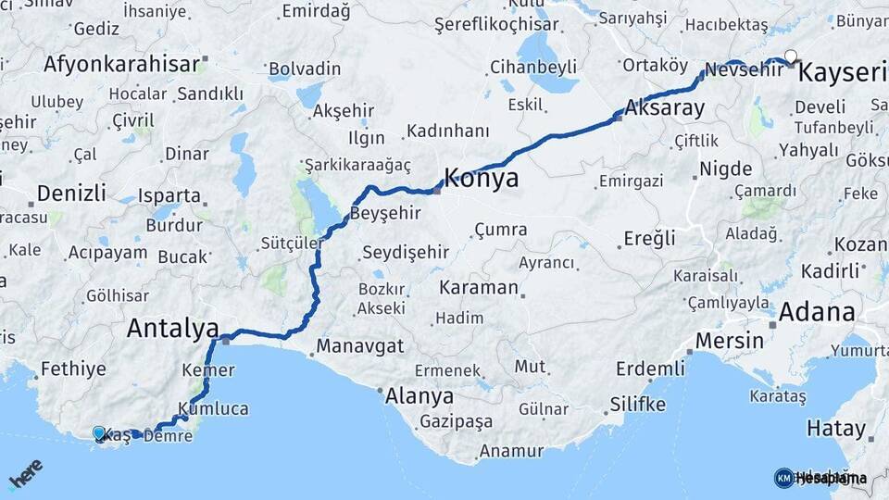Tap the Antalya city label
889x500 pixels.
pos(172,328)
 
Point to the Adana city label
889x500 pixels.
pos(816,312)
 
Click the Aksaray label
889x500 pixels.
pos(664,107)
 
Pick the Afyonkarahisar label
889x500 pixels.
pos(121,64)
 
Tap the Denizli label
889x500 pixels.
pos(72,194)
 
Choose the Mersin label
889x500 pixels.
pos(729,340)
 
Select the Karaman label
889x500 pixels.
pos(479,287)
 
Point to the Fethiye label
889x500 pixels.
pos(74,369)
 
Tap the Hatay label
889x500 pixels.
pos(836,429)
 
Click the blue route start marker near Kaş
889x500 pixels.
pos(99,432)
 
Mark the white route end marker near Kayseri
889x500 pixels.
pos(790,55)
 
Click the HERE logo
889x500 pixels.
pos(25,474)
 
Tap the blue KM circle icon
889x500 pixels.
pos(783,478)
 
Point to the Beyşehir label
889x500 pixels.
pos(386,213)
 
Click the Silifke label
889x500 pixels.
pos(637,405)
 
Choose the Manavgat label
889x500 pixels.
pos(359,346)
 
